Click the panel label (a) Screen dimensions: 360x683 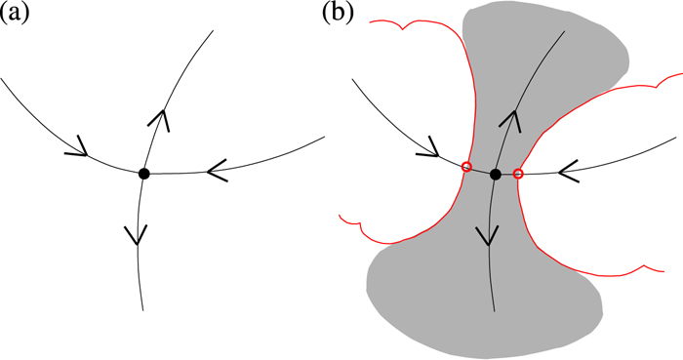click(19, 16)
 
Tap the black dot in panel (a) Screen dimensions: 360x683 click(144, 174)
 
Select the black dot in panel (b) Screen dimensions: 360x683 click(496, 174)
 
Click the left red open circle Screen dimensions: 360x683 click(466, 167)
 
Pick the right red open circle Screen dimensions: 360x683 click(518, 174)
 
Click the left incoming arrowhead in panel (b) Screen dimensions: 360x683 click(429, 151)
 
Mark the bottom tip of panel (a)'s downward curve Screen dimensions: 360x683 click(143, 309)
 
